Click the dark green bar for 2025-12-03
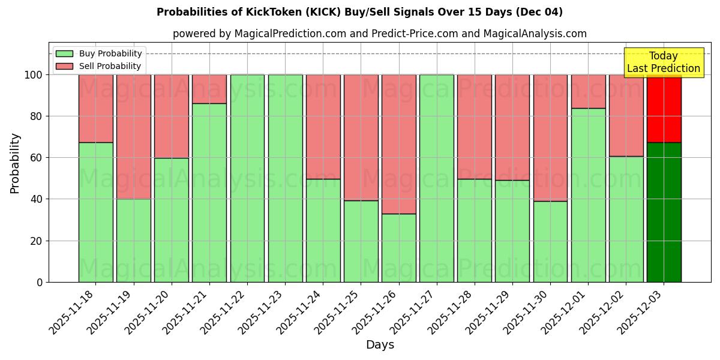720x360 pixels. tap(664, 212)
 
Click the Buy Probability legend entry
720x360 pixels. tap(99, 53)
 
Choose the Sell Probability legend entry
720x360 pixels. tap(99, 66)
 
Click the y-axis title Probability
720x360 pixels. tap(15, 163)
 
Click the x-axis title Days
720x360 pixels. tap(380, 345)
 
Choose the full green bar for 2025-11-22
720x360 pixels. tap(247, 178)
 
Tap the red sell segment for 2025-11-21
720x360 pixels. tap(209, 89)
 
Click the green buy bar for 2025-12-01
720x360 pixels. tap(588, 195)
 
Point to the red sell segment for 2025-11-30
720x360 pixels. tap(550, 138)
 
